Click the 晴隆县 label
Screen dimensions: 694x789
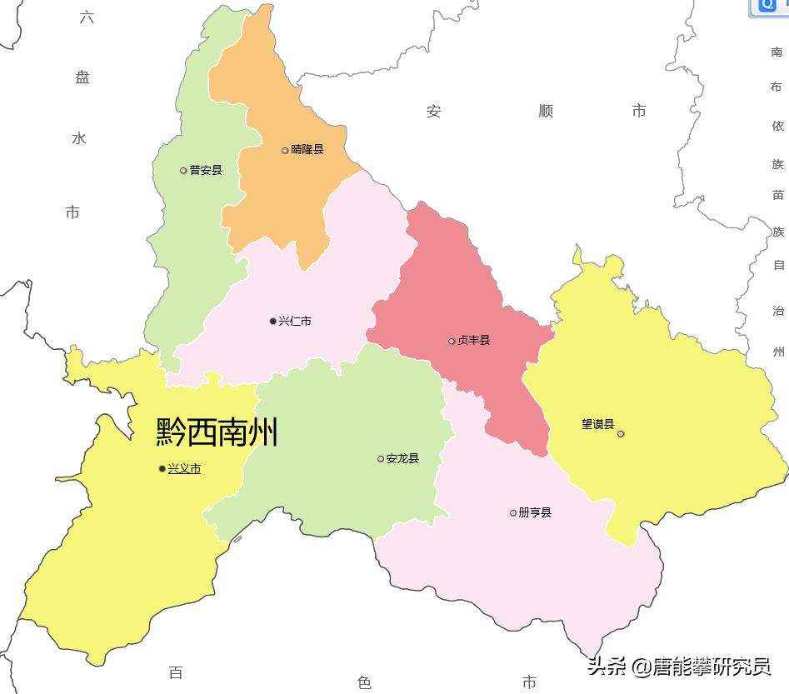click(307, 150)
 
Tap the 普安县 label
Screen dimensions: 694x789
click(206, 170)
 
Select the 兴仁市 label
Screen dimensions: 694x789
click(295, 321)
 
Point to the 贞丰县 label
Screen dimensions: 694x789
click(474, 341)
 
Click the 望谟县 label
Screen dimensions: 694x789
click(597, 424)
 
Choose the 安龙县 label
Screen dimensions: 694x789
click(402, 458)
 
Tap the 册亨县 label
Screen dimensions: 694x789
click(535, 512)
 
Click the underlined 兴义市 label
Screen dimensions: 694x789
click(184, 469)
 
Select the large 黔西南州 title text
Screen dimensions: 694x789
click(217, 432)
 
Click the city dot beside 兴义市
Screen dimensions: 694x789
click(162, 469)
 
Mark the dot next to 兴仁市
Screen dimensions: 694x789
click(272, 321)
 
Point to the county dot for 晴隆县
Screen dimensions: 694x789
click(285, 151)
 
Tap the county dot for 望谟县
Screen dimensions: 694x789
click(621, 433)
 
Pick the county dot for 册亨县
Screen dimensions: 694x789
click(513, 512)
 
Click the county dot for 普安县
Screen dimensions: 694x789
click(183, 171)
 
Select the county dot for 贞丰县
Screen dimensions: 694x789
click(452, 341)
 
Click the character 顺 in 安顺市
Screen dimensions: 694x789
click(546, 111)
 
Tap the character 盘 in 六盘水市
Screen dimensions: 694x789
click(82, 77)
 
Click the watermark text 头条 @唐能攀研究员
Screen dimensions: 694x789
click(679, 667)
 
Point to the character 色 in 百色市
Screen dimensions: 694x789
click(364, 682)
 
